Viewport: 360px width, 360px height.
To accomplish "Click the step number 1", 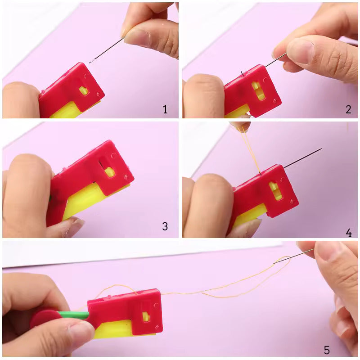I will tap(165, 109).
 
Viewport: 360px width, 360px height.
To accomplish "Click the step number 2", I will tap(348, 109).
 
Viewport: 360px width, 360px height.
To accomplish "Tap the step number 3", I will tap(165, 226).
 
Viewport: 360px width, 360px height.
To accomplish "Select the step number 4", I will tap(348, 232).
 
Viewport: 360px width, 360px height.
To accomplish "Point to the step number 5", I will tap(327, 350).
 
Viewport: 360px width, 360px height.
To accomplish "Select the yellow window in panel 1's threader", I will tap(84, 91).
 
